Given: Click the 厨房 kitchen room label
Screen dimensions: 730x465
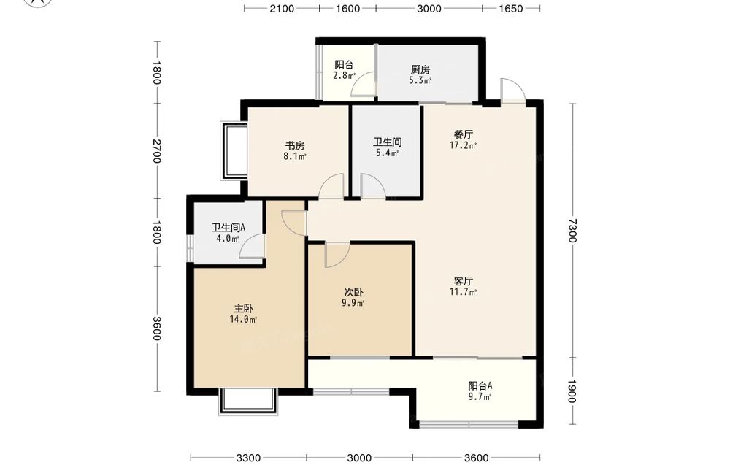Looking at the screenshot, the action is [x=420, y=70].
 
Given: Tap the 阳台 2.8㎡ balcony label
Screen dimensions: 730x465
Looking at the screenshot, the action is [x=344, y=70].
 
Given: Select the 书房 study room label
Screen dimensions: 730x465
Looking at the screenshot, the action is [x=295, y=146].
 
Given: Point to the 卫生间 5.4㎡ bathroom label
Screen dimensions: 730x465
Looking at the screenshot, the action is [x=388, y=147].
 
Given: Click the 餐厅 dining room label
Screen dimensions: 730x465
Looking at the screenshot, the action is [x=464, y=134].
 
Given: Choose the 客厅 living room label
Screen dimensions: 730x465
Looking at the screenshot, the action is [x=464, y=281].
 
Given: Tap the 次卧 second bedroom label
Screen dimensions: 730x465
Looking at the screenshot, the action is [x=354, y=292].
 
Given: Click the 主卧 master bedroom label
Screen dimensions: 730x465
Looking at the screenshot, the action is [x=244, y=309].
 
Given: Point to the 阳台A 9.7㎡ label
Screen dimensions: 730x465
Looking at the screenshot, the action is [x=480, y=391].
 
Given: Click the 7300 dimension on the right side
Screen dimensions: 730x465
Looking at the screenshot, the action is [x=572, y=231].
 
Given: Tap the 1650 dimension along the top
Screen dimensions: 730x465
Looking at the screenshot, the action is [x=511, y=8].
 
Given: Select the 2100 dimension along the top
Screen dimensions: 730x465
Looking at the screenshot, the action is [x=282, y=8].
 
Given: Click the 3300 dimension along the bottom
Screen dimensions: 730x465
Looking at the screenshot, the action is [x=248, y=458].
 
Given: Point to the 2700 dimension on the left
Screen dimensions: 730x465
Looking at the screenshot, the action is [x=156, y=151].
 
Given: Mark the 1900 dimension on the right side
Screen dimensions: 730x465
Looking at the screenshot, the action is [x=572, y=391].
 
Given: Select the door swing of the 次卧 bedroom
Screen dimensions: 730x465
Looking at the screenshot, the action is [x=337, y=255].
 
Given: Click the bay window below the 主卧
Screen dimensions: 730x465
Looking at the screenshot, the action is [x=248, y=401].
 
